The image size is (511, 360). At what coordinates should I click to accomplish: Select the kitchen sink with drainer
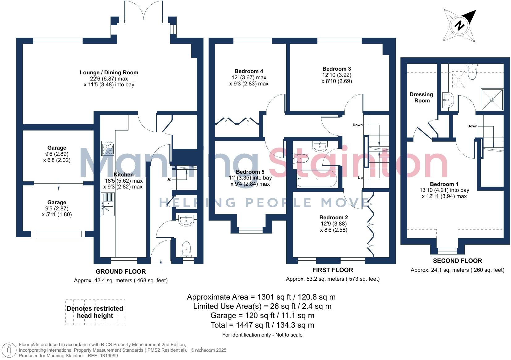pos(107,204)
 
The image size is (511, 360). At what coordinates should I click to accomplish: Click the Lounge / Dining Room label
pos(109,72)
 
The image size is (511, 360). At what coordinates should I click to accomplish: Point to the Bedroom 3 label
pos(337,69)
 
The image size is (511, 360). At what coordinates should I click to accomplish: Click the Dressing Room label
pos(421,97)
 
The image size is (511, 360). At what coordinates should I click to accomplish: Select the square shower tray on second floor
pos(492,100)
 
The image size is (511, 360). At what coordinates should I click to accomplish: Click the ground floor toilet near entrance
pos(186,249)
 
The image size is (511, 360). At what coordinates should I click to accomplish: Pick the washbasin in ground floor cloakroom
pos(186,220)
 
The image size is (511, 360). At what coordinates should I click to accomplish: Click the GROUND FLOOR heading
pos(121,271)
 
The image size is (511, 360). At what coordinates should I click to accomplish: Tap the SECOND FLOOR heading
pos(457,261)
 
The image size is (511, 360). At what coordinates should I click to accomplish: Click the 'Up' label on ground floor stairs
pos(169,179)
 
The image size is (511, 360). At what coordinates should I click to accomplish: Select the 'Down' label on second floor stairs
pos(472,126)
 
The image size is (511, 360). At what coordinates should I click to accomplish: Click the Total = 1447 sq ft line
pos(262,325)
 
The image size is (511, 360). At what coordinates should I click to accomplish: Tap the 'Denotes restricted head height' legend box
pos(95,312)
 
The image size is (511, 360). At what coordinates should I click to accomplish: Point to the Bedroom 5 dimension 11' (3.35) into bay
pos(250,178)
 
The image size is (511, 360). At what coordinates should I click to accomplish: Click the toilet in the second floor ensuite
pos(472,73)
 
